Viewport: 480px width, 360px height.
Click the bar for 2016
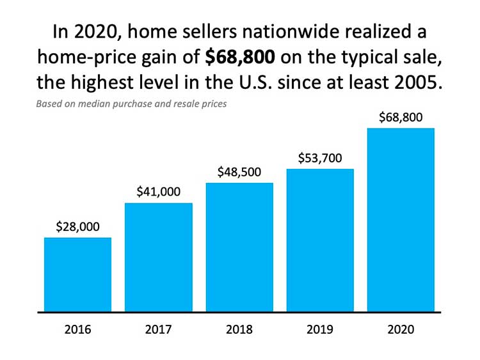[x=77, y=275]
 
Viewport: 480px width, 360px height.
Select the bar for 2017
[x=158, y=257]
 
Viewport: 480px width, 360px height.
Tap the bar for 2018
[x=239, y=247]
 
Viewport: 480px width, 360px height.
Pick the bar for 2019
[x=320, y=240]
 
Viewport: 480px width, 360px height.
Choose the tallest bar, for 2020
[x=401, y=220]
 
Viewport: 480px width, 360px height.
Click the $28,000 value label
[x=77, y=226]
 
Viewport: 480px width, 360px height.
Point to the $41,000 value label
[x=158, y=191]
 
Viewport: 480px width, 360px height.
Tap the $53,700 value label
[x=320, y=158]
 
